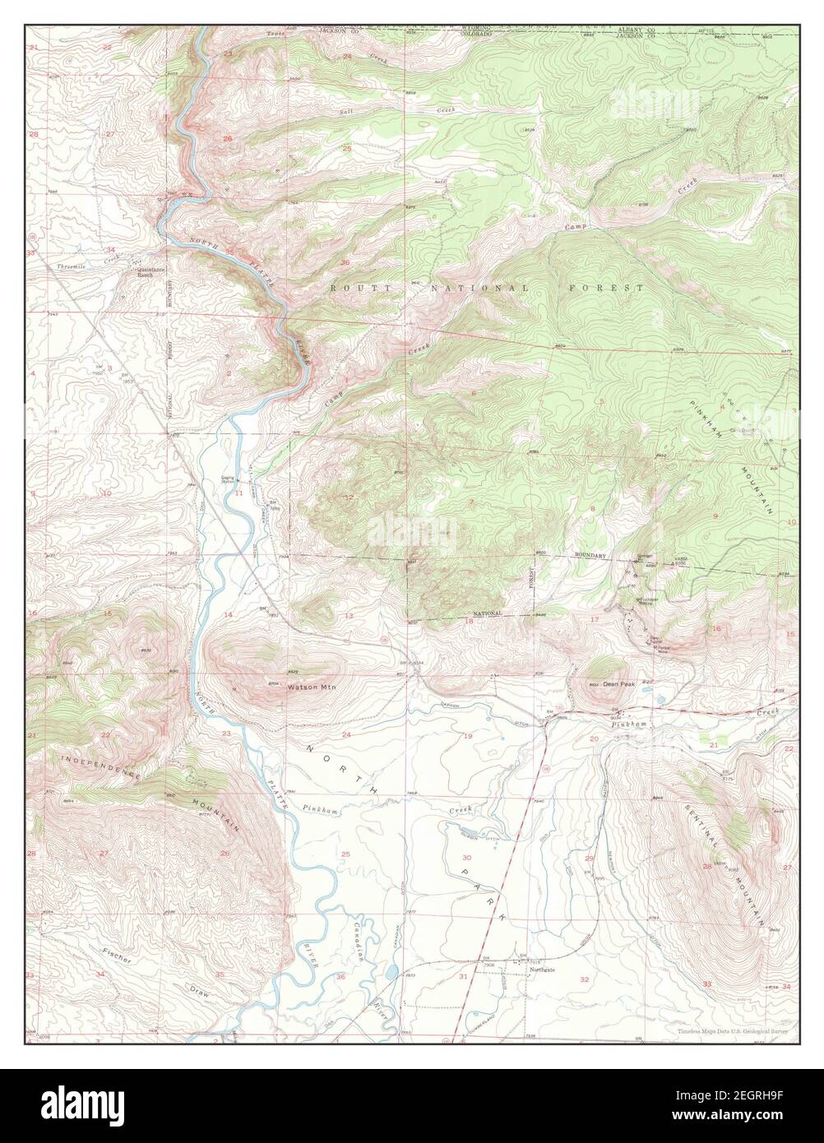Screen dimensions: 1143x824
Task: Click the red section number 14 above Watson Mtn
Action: (x=229, y=615)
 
